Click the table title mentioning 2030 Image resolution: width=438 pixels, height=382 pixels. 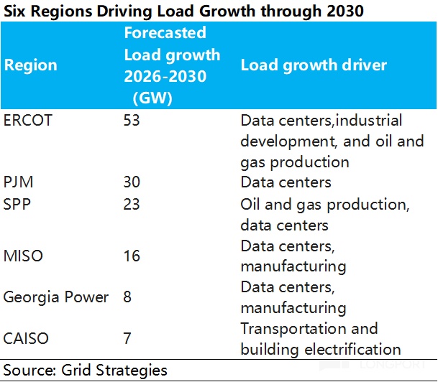point(183,11)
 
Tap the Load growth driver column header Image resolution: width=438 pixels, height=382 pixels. point(314,65)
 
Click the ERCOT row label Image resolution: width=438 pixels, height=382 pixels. point(28,120)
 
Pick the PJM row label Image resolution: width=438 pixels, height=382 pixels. point(18,182)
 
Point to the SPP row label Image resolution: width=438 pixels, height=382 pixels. point(17,204)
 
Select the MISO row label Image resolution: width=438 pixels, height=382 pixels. point(22,256)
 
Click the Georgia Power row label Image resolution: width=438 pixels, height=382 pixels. point(56,297)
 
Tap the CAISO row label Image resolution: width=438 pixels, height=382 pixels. point(25,339)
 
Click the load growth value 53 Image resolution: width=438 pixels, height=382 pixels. point(132,120)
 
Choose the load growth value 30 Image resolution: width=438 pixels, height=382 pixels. point(132,182)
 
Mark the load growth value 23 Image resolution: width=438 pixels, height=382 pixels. point(132,204)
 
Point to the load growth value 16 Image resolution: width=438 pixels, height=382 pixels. point(132,256)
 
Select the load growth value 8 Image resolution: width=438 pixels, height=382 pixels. point(128,297)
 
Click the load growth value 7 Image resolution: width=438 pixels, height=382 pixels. point(128,339)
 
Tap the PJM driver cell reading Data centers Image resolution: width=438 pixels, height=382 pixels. point(286,182)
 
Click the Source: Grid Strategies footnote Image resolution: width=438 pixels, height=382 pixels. point(85,371)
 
